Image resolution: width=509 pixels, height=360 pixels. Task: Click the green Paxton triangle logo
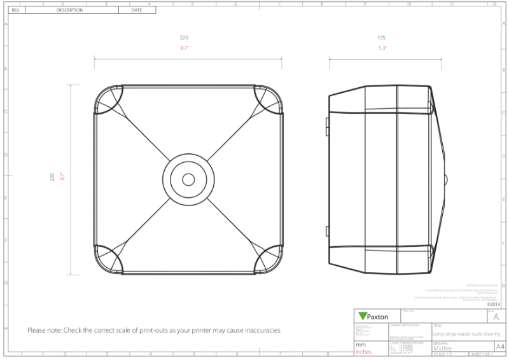point(363,316)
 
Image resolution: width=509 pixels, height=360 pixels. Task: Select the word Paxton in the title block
point(378,317)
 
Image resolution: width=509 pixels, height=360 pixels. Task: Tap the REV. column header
point(17,10)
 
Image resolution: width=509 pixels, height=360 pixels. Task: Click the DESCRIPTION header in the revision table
point(70,10)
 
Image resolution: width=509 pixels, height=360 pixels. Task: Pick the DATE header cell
point(136,10)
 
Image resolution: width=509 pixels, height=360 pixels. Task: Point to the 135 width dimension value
point(382,38)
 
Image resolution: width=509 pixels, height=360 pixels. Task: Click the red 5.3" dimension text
point(382,48)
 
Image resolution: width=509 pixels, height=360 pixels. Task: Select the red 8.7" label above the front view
point(185,48)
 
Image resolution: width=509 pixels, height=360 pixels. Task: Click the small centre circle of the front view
point(188,179)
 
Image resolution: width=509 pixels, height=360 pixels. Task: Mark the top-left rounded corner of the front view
point(108,99)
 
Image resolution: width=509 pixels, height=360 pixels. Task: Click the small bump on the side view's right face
point(446,179)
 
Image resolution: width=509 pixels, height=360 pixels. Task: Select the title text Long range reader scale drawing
point(466,333)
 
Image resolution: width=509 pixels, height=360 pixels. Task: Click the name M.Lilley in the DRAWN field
point(443,348)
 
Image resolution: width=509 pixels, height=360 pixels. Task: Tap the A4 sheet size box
point(500,347)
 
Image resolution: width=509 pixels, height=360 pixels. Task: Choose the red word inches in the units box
point(364,352)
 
